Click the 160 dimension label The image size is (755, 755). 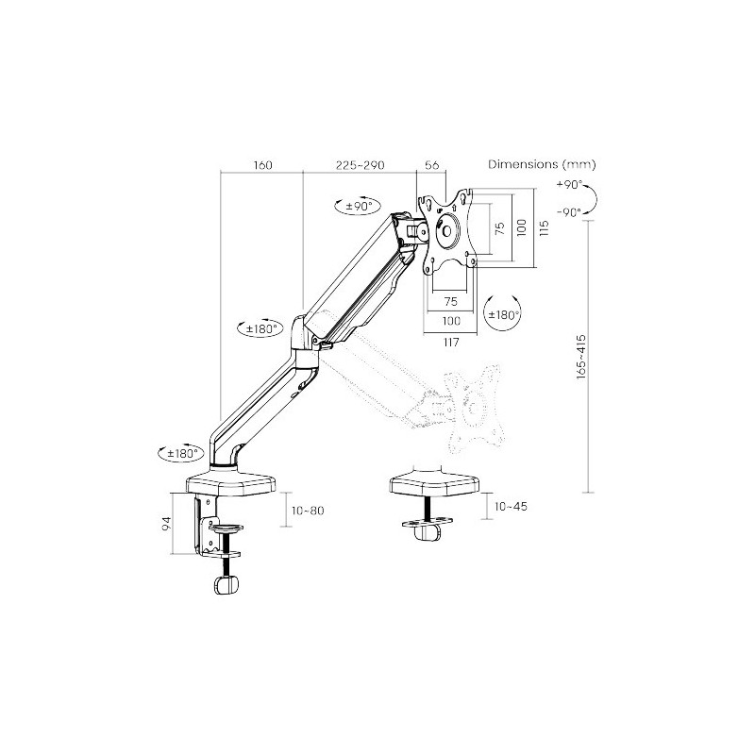click(x=262, y=165)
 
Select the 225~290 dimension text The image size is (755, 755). click(x=361, y=165)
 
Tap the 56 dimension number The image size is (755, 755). click(x=432, y=164)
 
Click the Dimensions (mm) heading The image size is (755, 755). click(x=542, y=164)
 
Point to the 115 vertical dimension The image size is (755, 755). click(x=545, y=227)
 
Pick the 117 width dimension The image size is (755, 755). click(x=451, y=343)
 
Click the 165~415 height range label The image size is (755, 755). click(x=581, y=357)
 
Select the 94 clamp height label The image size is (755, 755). click(x=166, y=523)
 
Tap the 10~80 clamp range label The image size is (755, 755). click(x=309, y=511)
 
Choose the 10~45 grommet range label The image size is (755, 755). click(x=511, y=506)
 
